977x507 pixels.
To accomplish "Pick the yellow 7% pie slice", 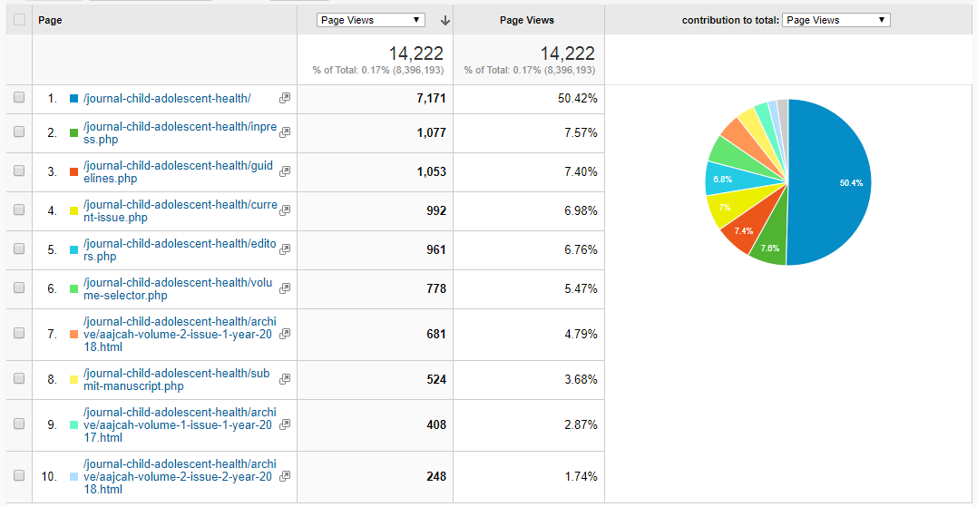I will pos(726,208).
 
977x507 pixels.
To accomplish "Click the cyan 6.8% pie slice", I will pos(723,180).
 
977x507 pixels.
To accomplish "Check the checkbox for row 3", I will pos(19,171).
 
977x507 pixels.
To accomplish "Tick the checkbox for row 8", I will pos(19,379).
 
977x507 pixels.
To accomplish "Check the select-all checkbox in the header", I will pos(19,20).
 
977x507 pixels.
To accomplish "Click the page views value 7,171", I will pos(431,98).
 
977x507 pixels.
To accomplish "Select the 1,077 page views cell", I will pos(431,132).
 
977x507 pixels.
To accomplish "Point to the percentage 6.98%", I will pos(580,210).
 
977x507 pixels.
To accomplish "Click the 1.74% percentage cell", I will pos(580,476).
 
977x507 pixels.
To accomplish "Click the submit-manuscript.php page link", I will pos(176,379).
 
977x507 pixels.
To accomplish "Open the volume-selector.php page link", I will pos(177,288).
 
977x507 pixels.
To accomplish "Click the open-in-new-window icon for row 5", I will pos(285,249).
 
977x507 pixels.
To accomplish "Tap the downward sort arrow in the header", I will pos(445,20).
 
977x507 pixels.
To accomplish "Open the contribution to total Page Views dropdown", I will pos(836,20).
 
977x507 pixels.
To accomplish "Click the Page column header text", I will pos(50,20).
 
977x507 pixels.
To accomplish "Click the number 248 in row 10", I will pos(435,476).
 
